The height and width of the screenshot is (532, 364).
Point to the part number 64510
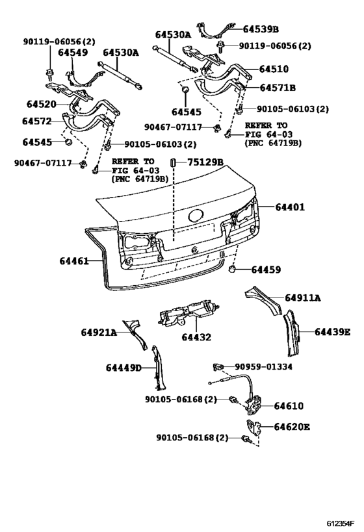point(274,69)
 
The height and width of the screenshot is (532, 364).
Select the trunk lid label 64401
point(289,208)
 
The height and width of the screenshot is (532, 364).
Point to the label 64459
point(266,269)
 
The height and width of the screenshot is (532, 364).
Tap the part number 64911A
point(304,298)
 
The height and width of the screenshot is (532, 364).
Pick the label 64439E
point(332,332)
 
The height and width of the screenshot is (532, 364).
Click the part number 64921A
point(99,333)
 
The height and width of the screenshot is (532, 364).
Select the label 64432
point(196,338)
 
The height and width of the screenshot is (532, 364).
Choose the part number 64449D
point(123,368)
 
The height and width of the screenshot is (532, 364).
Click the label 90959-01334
point(263,367)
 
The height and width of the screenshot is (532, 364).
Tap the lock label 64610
point(288,406)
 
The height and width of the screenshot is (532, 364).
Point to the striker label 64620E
point(291,427)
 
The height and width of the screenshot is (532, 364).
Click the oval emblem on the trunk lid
point(195,216)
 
